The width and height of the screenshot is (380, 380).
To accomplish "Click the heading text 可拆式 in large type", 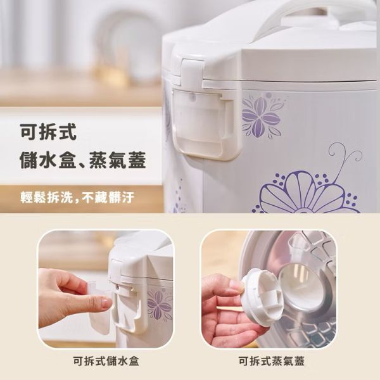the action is point(48,132).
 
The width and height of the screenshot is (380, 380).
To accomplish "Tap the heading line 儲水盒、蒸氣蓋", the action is point(83,160).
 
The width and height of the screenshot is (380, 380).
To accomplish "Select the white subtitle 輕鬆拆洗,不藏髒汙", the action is point(77,197).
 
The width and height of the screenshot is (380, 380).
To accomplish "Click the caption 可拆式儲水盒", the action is point(106,361).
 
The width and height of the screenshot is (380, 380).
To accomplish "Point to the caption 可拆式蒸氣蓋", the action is point(272,361).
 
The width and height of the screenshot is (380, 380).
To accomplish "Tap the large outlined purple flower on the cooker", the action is point(305,193).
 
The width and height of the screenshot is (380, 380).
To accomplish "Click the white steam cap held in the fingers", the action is point(260,295).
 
